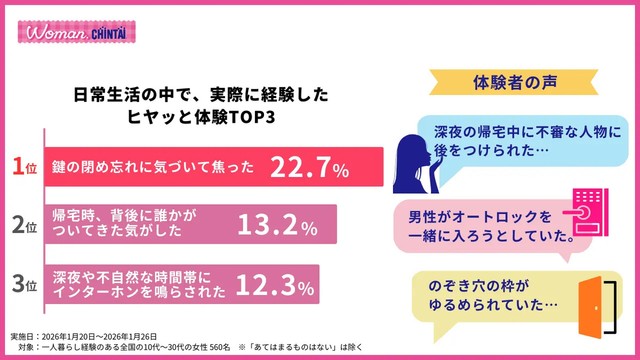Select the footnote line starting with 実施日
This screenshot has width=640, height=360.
click(x=90, y=334)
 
